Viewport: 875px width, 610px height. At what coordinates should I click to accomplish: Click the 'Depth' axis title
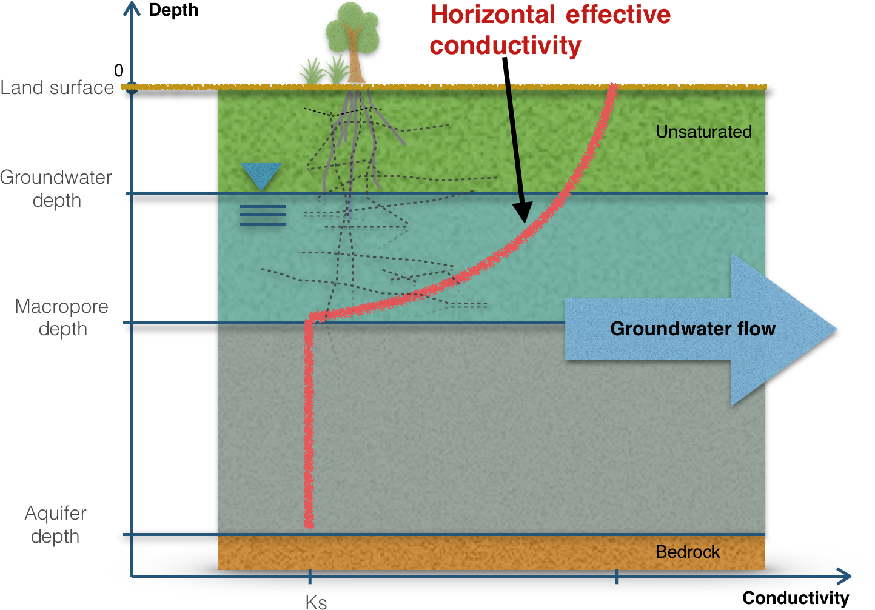pos(173,10)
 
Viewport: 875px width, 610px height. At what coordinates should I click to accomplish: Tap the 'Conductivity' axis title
pos(796,598)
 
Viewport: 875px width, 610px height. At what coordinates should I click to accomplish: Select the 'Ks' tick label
pos(316,602)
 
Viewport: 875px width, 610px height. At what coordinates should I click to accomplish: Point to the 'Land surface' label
pos(57,88)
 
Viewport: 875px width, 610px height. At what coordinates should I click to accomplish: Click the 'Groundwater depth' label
pos(56,189)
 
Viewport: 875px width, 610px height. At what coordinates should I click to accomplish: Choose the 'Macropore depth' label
pos(62,317)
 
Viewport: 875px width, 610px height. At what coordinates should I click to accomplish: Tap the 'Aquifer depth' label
pos(55,525)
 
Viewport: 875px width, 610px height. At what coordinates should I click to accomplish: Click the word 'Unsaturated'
pos(703,132)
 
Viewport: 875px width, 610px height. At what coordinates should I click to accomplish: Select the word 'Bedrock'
pos(688,552)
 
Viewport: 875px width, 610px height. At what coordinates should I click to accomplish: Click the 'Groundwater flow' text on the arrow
pos(692,329)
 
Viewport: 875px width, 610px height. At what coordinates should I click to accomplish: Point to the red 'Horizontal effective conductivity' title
pos(550,30)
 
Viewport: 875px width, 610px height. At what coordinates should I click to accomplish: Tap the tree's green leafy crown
pos(352,28)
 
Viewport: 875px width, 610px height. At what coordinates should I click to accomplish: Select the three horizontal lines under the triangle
pos(263,216)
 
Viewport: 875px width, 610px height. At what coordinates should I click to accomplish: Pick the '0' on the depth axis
pos(119,71)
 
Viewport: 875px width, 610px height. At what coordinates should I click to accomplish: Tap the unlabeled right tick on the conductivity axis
pos(616,576)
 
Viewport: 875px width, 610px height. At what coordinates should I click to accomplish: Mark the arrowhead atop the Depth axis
pos(132,7)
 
